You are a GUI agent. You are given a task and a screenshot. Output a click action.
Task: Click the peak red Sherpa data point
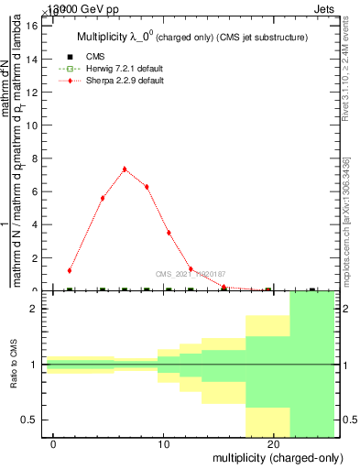(125, 169)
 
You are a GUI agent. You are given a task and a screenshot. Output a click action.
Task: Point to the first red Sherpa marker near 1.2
(70, 270)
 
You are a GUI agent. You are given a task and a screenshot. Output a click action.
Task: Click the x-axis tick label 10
(164, 444)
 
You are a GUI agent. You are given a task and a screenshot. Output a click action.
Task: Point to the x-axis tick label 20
(274, 444)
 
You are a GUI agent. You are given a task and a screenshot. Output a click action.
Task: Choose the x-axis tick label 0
(54, 444)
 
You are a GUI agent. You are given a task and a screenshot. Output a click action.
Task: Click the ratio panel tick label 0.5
(28, 420)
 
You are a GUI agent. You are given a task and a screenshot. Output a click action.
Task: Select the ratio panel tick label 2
(33, 309)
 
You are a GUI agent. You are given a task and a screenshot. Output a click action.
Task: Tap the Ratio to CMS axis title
(15, 364)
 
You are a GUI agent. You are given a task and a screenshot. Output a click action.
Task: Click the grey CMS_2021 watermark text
(191, 273)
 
